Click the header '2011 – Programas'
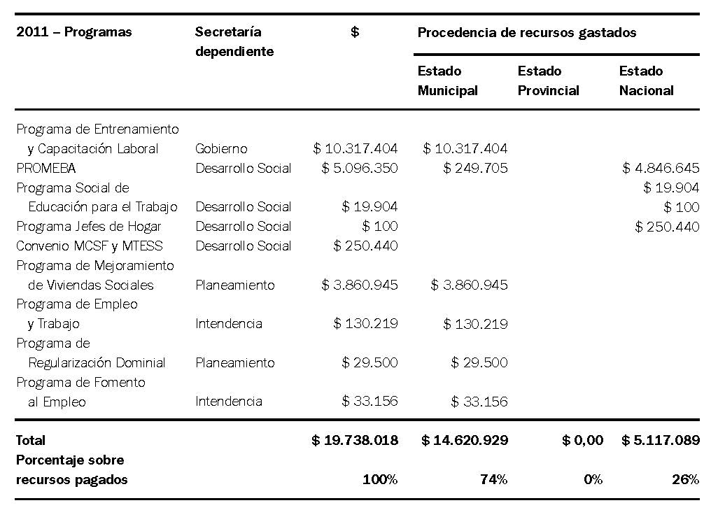click(73, 32)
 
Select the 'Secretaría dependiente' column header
click(234, 42)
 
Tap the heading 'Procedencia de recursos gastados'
click(526, 32)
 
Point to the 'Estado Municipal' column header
click(448, 80)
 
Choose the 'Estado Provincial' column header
click(548, 80)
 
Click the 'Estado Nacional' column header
click(646, 80)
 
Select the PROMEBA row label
click(46, 169)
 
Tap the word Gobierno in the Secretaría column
click(221, 149)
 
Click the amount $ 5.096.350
click(360, 169)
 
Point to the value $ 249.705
click(475, 169)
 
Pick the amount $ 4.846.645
click(661, 169)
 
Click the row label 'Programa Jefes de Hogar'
click(89, 227)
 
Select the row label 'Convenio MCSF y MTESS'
click(90, 246)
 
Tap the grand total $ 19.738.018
click(355, 441)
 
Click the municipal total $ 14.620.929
click(465, 441)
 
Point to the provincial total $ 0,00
click(582, 441)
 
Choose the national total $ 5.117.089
click(660, 441)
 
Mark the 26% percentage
click(686, 480)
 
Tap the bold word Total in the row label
click(31, 441)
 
